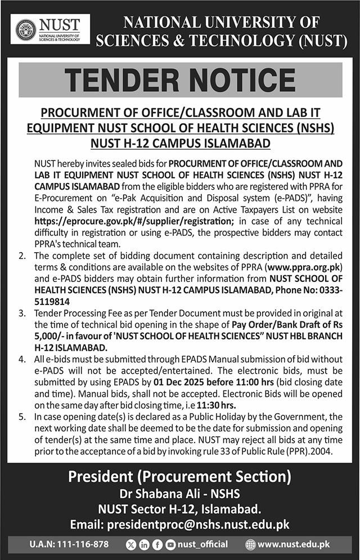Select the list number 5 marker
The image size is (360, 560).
pos(21,416)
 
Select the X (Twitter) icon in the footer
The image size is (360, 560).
pos(132,544)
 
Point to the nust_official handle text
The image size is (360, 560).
pos(202,544)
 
